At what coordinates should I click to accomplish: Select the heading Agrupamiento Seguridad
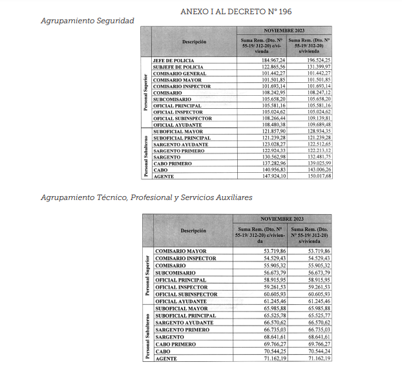87,21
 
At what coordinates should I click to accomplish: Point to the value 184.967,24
260,60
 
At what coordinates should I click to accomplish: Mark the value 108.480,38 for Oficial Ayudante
260,125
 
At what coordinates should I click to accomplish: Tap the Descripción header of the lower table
194,230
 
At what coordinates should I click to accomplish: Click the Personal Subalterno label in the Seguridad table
145,154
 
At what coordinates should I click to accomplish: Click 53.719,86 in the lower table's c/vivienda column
262,250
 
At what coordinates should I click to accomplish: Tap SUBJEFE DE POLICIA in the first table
178,67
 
